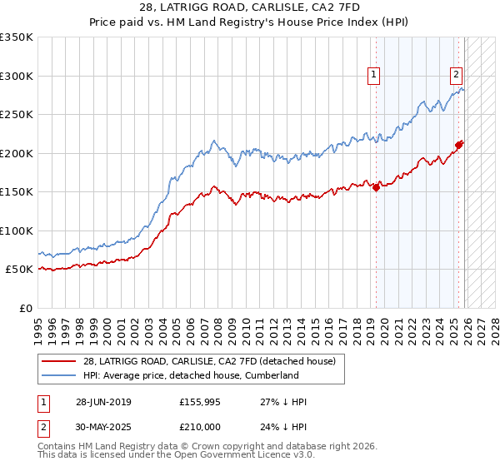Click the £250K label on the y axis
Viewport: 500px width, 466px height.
tap(17, 114)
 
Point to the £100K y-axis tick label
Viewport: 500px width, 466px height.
tap(17, 231)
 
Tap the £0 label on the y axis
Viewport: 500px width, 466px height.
tap(25, 308)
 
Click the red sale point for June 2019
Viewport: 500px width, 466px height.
tap(376, 187)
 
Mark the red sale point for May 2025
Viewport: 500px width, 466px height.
tap(458, 145)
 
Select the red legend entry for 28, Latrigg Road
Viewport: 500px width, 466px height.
tap(208, 361)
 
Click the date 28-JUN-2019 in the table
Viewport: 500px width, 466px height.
tap(103, 402)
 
